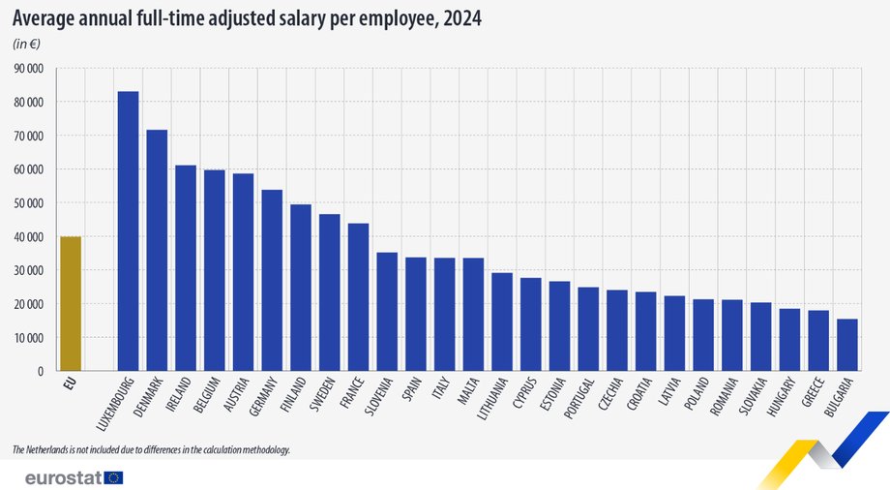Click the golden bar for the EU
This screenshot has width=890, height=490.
click(x=70, y=303)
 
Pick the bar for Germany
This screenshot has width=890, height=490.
click(x=272, y=280)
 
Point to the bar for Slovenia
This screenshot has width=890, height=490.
click(x=387, y=311)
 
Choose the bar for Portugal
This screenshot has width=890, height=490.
click(x=588, y=328)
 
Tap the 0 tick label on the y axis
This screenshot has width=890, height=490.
click(x=41, y=372)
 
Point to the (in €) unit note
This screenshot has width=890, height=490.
click(x=27, y=45)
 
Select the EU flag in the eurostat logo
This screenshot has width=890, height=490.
click(x=113, y=477)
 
